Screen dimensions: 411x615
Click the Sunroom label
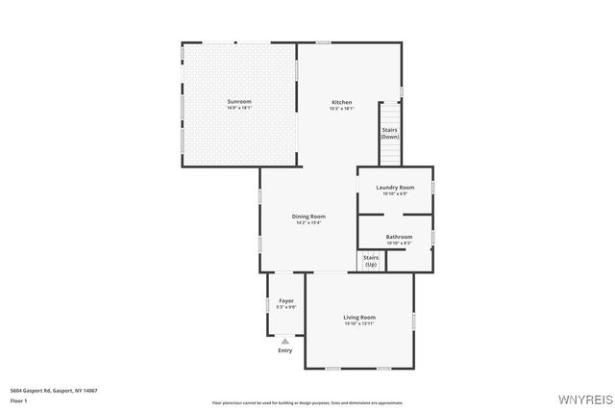pos(239,101)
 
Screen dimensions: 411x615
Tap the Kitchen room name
pos(342,102)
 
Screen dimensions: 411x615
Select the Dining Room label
pos(308,217)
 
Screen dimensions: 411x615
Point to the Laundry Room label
pos(395,187)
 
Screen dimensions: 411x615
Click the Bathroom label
pos(399,237)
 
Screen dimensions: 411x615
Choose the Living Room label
pos(359,317)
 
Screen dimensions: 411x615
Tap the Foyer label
pos(286,301)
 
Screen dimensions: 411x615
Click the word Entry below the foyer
pos(285,350)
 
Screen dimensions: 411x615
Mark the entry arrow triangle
pos(285,341)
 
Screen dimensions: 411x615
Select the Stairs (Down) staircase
pos(389,134)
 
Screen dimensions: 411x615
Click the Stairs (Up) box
pos(371,261)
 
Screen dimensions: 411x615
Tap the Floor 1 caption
pos(19,400)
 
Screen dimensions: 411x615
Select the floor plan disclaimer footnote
pos(307,402)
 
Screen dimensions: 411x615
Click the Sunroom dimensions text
pos(239,108)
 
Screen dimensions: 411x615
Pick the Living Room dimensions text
pos(359,323)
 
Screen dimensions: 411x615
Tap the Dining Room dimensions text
pos(308,223)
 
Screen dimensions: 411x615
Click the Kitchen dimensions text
pos(342,109)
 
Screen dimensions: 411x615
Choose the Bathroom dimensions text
pos(399,244)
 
